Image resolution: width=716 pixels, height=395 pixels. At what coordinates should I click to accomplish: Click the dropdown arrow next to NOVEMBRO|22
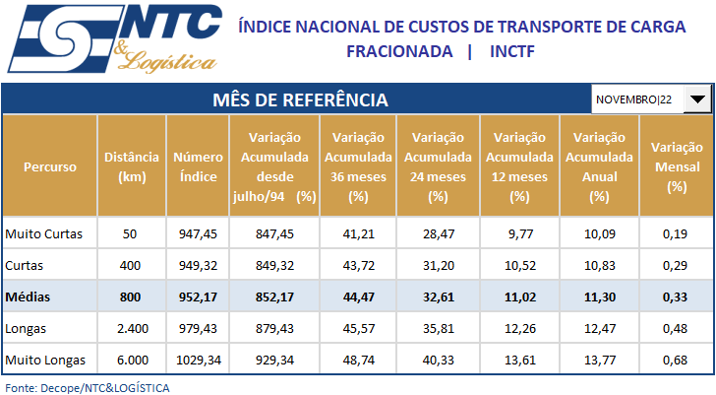pyautogui.click(x=697, y=99)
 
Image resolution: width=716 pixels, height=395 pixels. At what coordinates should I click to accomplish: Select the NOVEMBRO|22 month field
pyautogui.click(x=636, y=99)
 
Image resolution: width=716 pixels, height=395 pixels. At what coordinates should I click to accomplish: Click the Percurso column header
pyautogui.click(x=50, y=167)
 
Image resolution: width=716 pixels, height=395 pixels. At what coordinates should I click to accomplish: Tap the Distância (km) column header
pyautogui.click(x=131, y=167)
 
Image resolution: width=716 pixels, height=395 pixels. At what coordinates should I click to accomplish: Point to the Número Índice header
pyautogui.click(x=198, y=167)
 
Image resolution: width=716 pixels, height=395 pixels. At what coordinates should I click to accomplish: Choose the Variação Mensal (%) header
pyautogui.click(x=676, y=167)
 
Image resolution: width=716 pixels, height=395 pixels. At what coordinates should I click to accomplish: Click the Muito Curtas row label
pyautogui.click(x=44, y=234)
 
